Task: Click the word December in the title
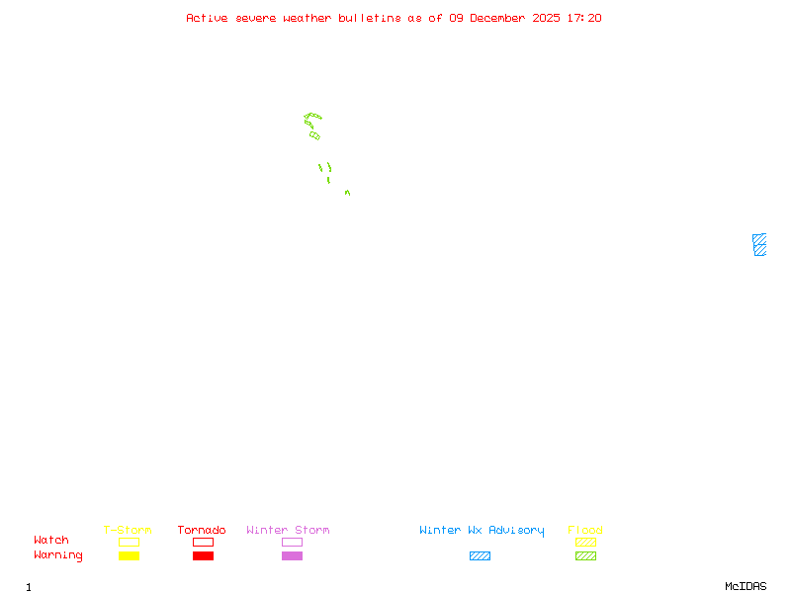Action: (x=502, y=18)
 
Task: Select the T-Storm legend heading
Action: (x=128, y=531)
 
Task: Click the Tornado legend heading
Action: (x=202, y=531)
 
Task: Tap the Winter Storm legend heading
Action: (x=288, y=531)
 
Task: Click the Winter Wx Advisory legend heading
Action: (x=482, y=531)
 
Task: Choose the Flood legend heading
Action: (x=585, y=531)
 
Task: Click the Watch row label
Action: (x=51, y=541)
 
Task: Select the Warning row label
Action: (x=58, y=555)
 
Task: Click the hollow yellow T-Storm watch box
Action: (x=129, y=543)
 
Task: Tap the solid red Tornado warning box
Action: (x=203, y=556)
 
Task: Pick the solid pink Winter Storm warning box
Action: (x=292, y=556)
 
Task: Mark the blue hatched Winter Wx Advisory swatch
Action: (x=480, y=556)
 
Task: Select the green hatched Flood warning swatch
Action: (x=585, y=556)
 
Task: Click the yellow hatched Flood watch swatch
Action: (x=585, y=543)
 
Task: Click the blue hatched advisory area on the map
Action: (x=759, y=245)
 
